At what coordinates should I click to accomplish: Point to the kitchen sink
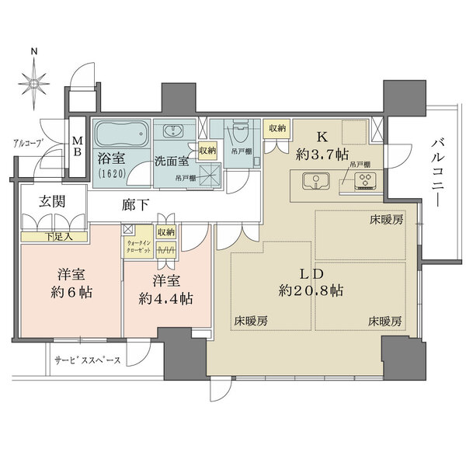tap(315, 183)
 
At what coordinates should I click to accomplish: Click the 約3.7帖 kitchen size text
tap(321, 152)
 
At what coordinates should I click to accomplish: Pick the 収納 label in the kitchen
tap(276, 129)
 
